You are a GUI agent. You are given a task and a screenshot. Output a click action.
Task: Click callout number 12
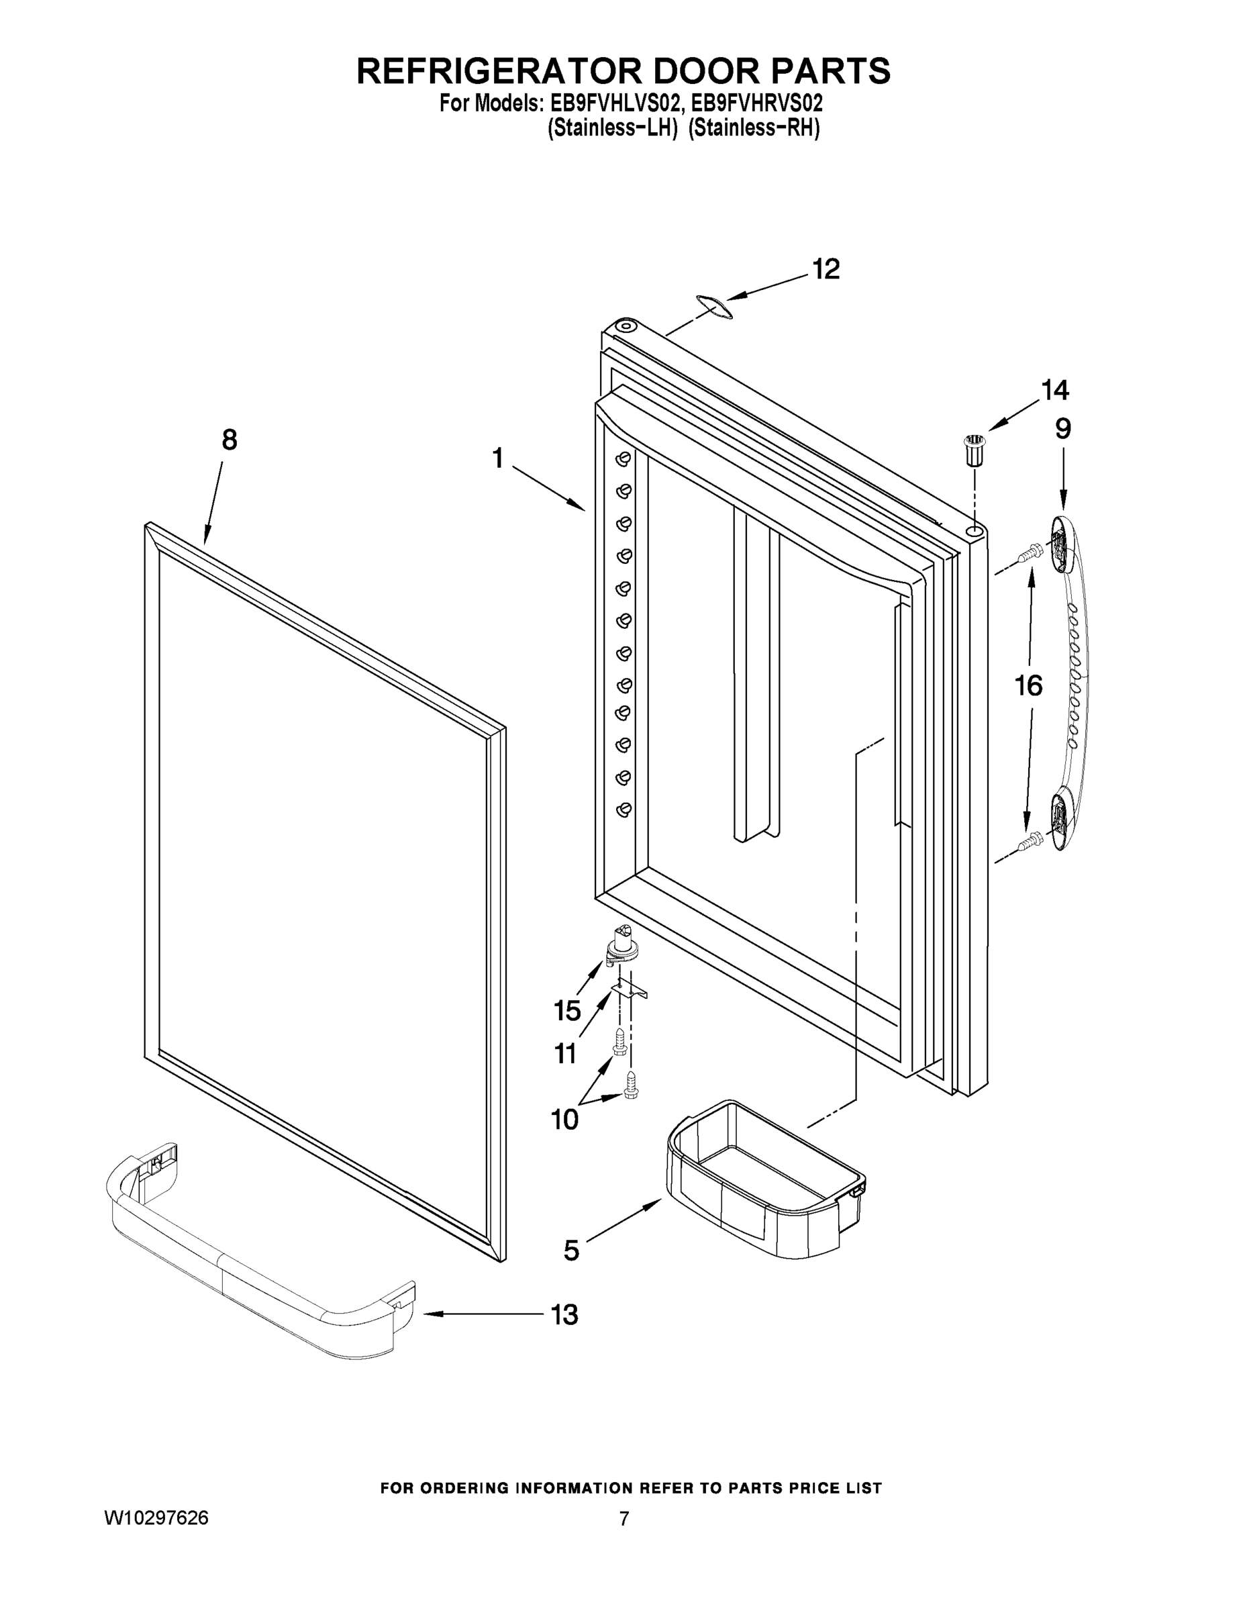coord(826,269)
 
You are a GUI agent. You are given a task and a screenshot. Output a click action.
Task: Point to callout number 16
coord(1028,686)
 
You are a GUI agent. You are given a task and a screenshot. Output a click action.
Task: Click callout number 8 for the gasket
coord(230,440)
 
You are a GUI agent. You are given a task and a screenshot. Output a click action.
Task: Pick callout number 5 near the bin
coord(572,1251)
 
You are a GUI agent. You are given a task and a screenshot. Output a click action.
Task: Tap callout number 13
coord(565,1314)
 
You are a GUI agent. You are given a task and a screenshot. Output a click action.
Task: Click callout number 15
coord(567,1010)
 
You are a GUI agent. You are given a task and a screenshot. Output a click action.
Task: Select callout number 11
coord(565,1053)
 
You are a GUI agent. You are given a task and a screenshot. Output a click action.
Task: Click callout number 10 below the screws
coord(565,1120)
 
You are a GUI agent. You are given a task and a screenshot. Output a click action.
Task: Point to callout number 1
coord(498,459)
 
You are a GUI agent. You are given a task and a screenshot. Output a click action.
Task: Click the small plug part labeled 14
coord(975,450)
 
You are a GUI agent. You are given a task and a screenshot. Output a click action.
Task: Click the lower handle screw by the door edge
coord(1028,840)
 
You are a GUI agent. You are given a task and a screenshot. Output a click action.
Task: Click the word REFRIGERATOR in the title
coord(487,70)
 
